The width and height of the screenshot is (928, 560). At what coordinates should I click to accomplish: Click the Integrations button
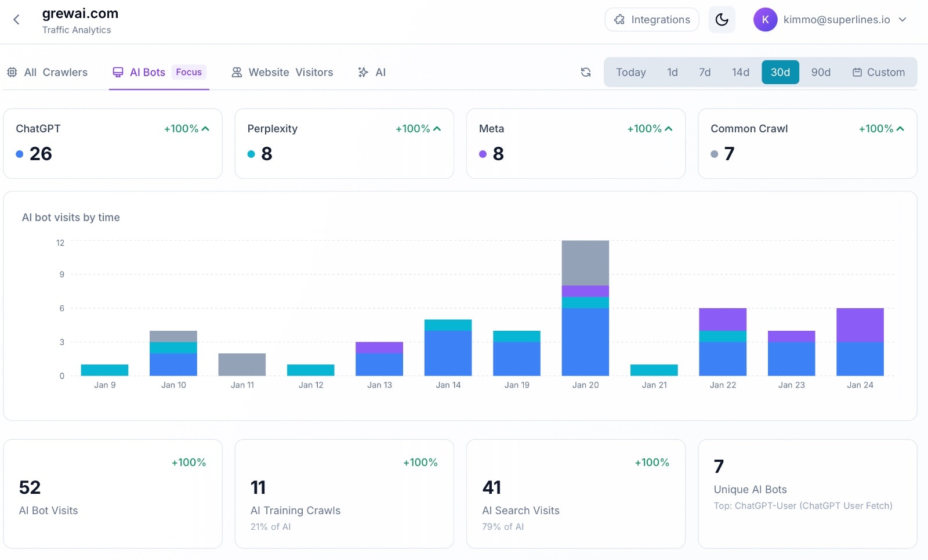click(652, 20)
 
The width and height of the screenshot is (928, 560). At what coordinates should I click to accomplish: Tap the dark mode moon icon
click(722, 20)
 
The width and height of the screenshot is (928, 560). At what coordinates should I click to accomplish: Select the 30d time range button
click(780, 73)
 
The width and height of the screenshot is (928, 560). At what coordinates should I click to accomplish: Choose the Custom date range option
click(879, 73)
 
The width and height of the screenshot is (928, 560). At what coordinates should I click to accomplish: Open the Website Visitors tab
click(282, 73)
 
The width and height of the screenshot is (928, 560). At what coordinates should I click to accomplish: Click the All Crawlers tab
click(48, 73)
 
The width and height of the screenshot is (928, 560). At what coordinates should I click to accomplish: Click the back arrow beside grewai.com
click(16, 20)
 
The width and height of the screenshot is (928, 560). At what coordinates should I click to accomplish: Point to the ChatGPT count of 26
click(41, 154)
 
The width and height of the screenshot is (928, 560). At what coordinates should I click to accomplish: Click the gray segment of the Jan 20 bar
click(585, 263)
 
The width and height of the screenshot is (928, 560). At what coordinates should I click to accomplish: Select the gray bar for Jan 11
click(242, 364)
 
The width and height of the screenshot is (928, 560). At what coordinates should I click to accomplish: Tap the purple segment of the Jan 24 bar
click(860, 325)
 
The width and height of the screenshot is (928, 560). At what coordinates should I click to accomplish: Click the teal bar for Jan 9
click(104, 370)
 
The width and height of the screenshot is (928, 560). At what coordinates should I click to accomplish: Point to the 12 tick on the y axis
click(60, 243)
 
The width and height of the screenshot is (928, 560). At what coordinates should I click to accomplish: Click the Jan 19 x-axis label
click(517, 385)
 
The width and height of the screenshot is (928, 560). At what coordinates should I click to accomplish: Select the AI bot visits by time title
click(71, 218)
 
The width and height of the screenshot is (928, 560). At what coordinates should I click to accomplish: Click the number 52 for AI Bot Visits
click(30, 487)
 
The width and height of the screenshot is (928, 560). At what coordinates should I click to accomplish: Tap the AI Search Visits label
click(521, 511)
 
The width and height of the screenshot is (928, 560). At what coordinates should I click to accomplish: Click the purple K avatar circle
click(765, 20)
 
